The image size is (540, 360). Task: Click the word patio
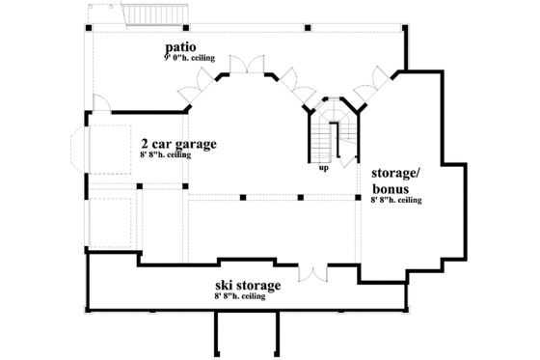pyautogui.click(x=181, y=48)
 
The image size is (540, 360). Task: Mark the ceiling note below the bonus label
pyautogui.click(x=396, y=201)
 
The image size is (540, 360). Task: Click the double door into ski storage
pyautogui.click(x=313, y=273)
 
